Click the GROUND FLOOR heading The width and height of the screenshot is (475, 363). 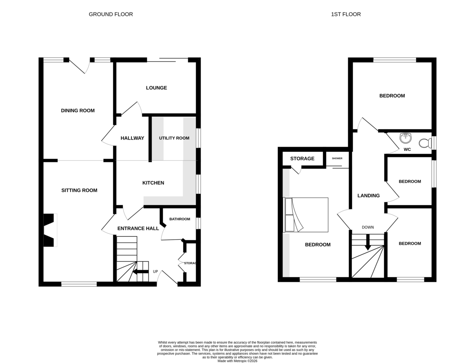coord(110,14)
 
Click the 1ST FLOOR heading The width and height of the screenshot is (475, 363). coord(346,14)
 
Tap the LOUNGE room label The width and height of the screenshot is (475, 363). coord(156,88)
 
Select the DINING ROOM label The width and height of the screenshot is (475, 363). coord(78,110)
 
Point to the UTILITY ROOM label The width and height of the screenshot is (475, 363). coord(174,138)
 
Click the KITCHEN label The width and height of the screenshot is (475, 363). coord(153,183)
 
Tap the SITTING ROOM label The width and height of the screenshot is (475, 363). coord(79,190)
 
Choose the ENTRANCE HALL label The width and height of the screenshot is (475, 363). coord(138,228)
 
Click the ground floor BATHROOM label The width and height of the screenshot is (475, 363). coord(180,219)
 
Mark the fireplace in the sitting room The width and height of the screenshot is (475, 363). coord(50,230)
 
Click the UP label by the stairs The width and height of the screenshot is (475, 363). coord(156,272)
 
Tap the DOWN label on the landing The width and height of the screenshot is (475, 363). coord(368,227)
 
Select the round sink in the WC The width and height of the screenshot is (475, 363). coord(405,138)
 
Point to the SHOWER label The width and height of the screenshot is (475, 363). coord(337,158)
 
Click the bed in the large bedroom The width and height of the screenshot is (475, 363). coord(305,215)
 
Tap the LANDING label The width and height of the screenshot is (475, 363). coord(368,195)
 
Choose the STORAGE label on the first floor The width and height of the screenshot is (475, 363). coord(302,159)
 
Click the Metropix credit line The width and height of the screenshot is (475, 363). coord(237,361)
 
